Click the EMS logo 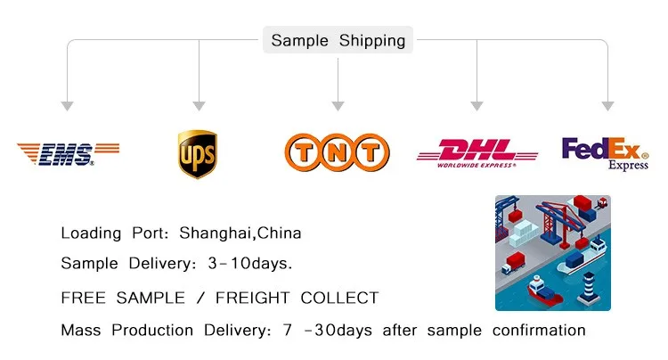(x=69, y=154)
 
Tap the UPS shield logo (x=198, y=154)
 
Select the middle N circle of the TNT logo (x=337, y=152)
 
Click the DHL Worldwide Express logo (x=477, y=153)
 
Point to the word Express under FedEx (x=629, y=165)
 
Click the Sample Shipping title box (x=338, y=40)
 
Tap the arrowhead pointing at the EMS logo (x=67, y=106)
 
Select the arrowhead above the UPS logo (x=199, y=106)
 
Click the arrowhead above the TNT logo (x=338, y=106)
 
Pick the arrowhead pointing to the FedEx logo (x=608, y=106)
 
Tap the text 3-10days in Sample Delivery (x=250, y=263)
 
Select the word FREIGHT (x=253, y=298)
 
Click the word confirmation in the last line (x=539, y=331)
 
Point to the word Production (x=152, y=331)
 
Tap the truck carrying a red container (x=513, y=263)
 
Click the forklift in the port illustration (x=601, y=202)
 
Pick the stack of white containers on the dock (x=525, y=233)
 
